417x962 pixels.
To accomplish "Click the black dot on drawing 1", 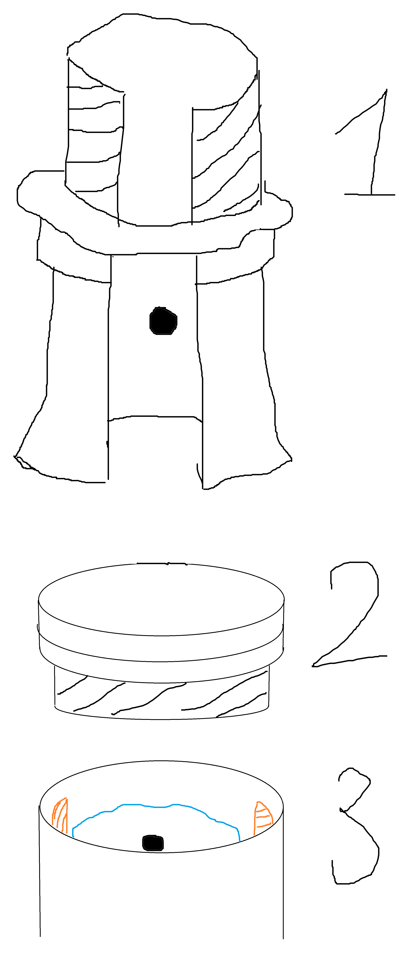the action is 163,321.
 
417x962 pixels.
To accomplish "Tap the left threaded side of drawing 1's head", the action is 93,138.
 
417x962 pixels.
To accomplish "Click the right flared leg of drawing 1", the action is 239,373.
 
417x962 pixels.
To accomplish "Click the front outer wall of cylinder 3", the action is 161,896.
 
